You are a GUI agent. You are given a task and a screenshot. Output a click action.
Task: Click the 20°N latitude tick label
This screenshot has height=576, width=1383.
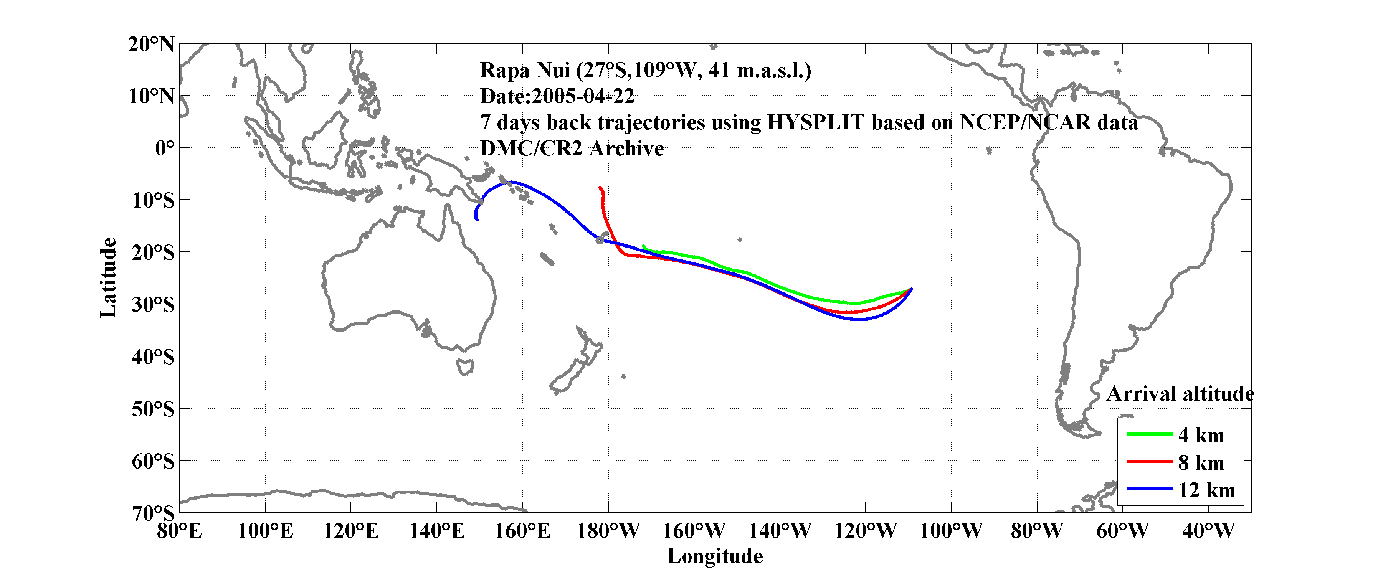[151, 44]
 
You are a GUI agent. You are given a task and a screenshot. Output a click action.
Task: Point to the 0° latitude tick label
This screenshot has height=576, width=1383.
[165, 148]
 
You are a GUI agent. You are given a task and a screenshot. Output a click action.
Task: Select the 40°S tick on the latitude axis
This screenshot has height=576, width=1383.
[153, 356]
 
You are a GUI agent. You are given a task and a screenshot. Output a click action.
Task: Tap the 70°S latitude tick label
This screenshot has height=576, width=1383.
[153, 513]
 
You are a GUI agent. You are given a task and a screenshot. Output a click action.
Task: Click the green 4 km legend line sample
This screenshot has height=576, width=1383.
[1150, 434]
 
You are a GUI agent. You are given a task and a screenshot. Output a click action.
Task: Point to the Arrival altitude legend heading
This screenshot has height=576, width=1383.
[1180, 394]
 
